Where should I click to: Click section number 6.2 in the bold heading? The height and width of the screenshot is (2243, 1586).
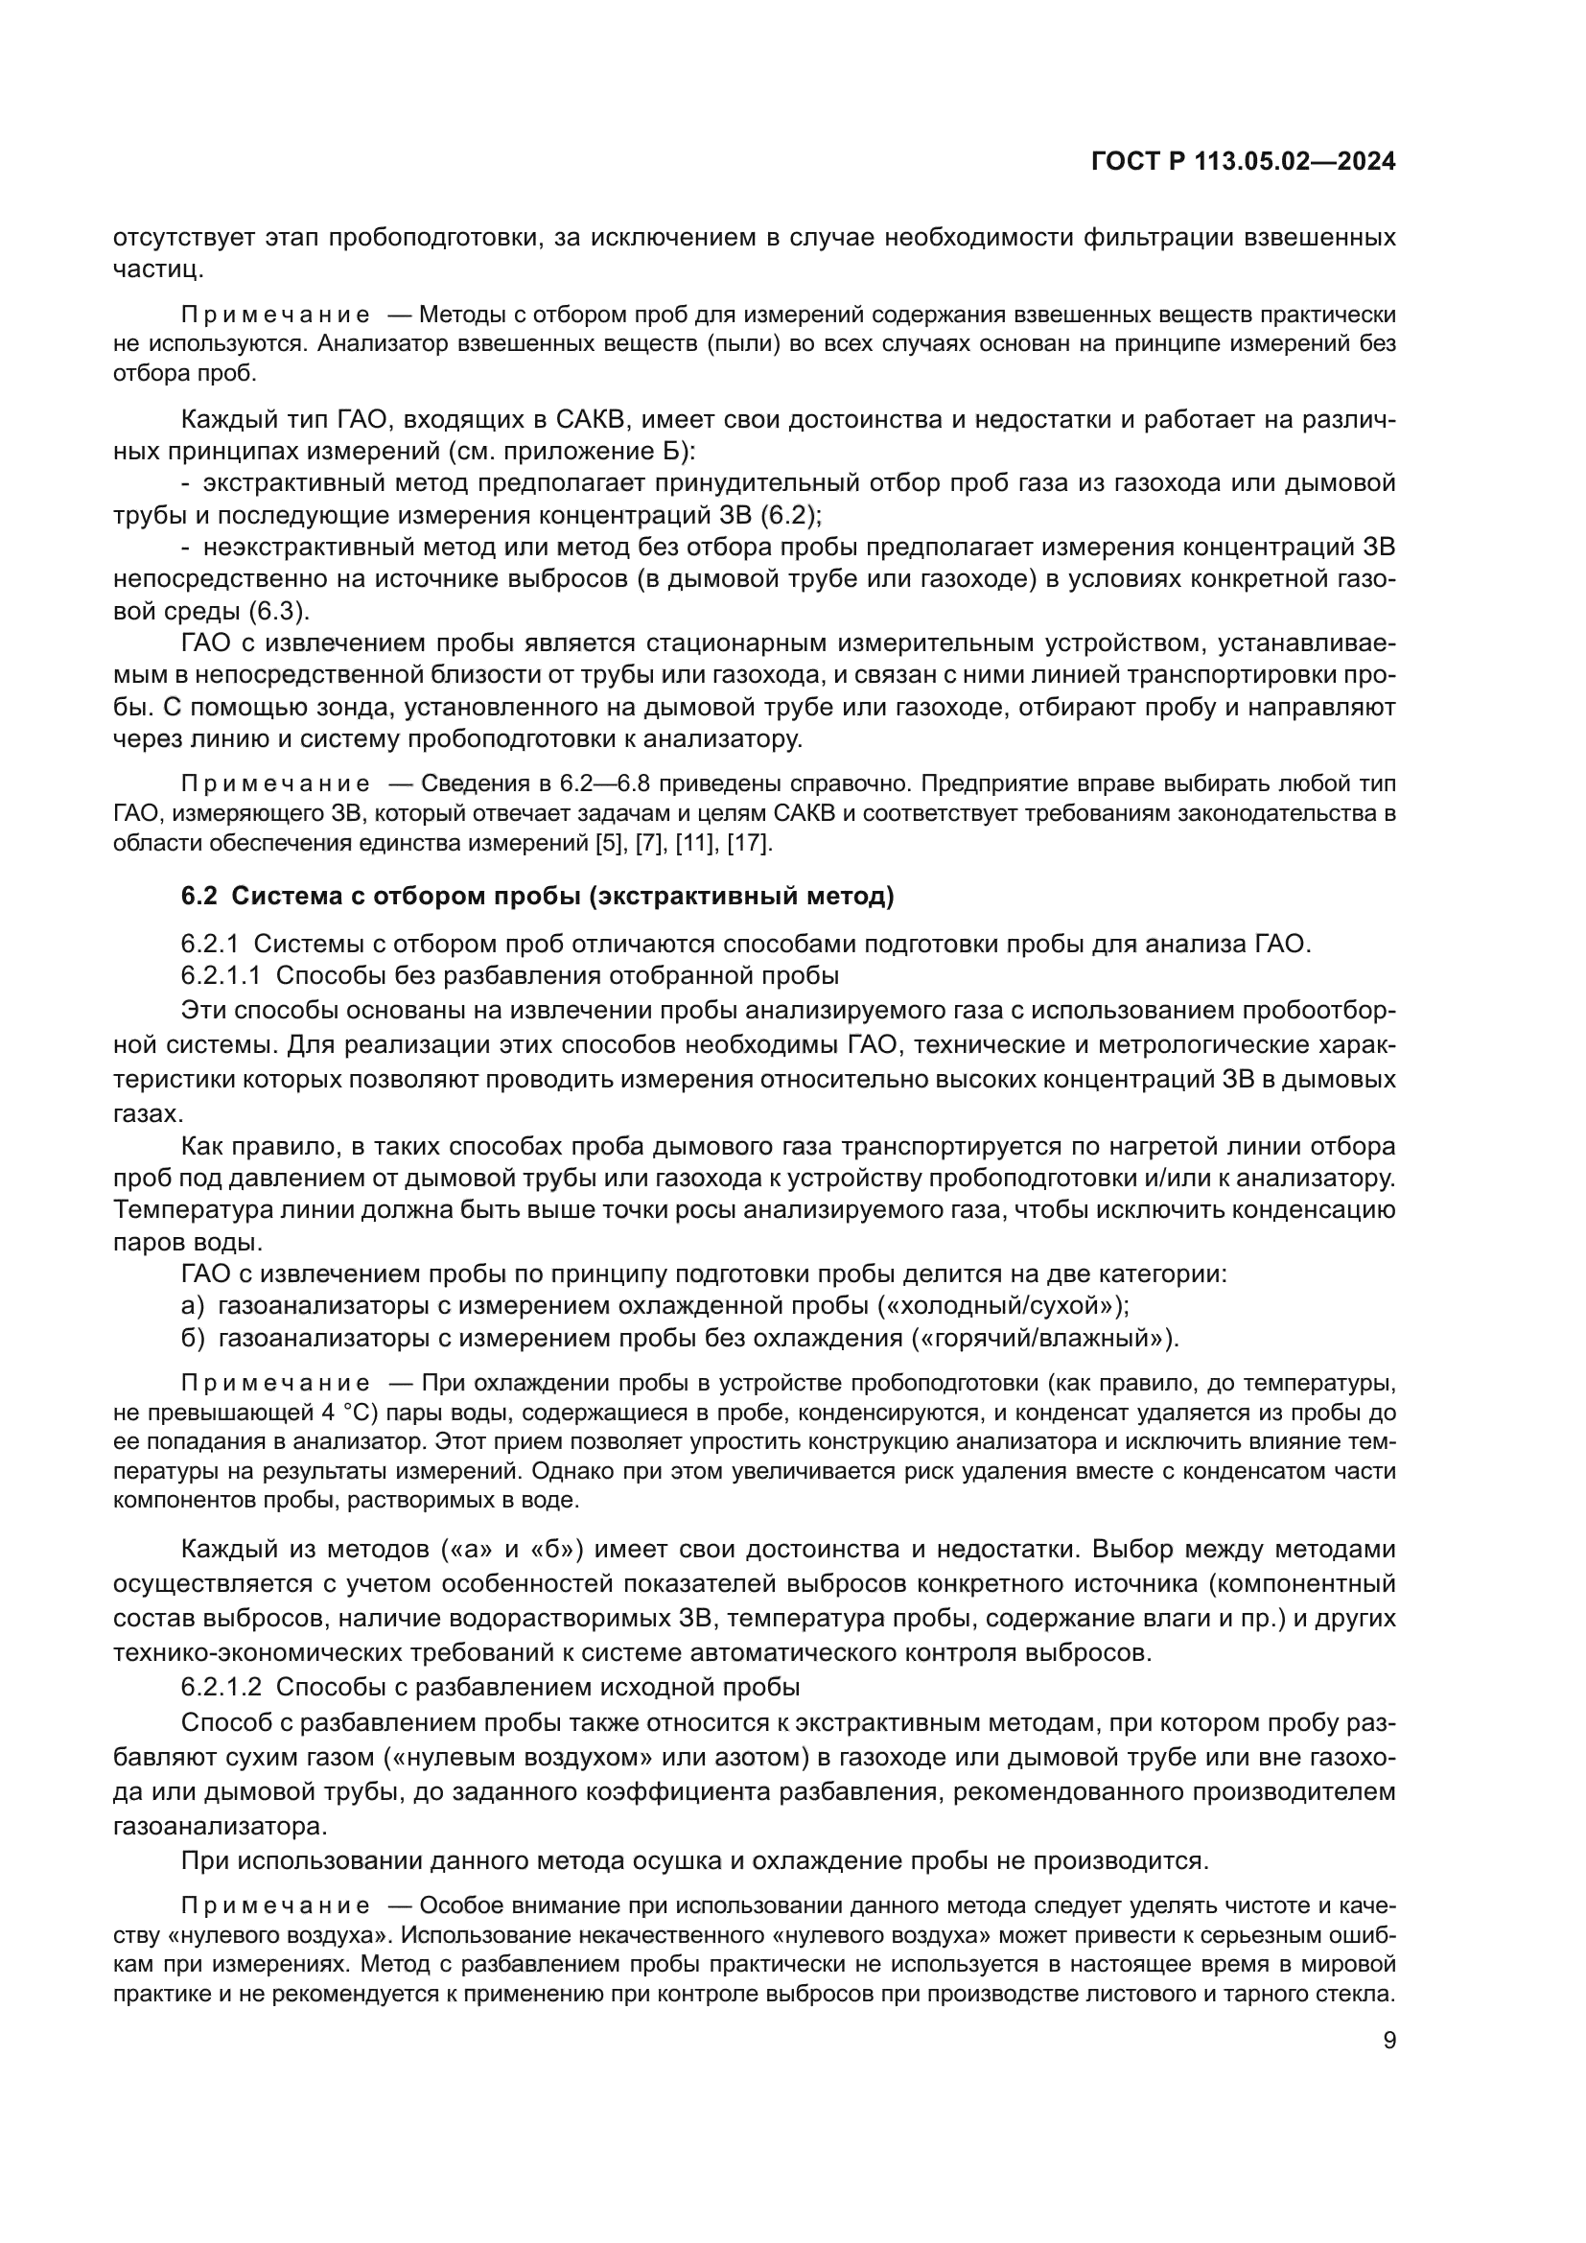point(198,896)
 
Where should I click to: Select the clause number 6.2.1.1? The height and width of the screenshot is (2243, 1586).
point(221,976)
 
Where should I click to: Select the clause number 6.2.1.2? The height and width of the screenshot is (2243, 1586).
point(221,1687)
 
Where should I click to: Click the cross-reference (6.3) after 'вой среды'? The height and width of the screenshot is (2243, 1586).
point(278,612)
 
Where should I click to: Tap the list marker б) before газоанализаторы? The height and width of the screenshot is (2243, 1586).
point(193,1339)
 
